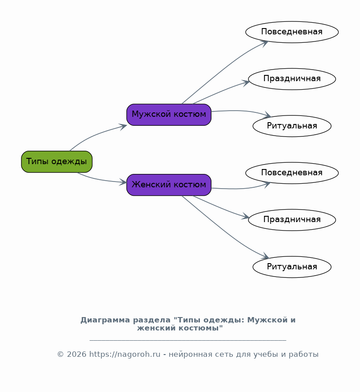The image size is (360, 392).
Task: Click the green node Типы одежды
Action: [x=57, y=161]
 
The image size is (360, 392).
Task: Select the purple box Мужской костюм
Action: [x=169, y=115]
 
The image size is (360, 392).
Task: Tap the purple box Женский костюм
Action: [x=169, y=185]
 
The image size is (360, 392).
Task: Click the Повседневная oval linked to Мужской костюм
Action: [x=292, y=32]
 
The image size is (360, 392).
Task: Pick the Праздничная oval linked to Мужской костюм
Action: [x=292, y=79]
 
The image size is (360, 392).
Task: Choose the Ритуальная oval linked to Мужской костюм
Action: [x=292, y=126]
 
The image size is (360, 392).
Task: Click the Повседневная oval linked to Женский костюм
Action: [x=292, y=173]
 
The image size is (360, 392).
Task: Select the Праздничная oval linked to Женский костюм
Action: [x=292, y=220]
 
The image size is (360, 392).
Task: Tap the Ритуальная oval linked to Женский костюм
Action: [x=292, y=267]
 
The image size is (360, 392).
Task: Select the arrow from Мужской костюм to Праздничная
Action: [x=220, y=91]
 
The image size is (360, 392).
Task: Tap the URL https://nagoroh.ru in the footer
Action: [x=125, y=355]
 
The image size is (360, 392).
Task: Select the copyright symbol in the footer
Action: [x=61, y=355]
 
